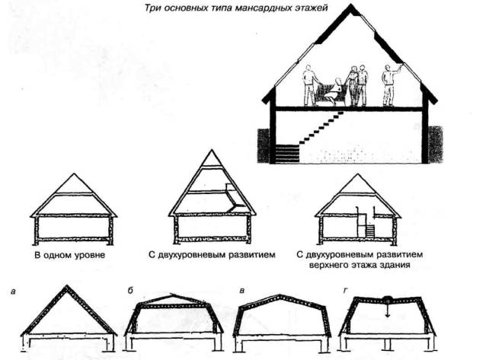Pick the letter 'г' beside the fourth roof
pos(347,291)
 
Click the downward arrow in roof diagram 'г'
pos(388,308)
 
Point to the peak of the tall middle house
pos(210,150)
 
